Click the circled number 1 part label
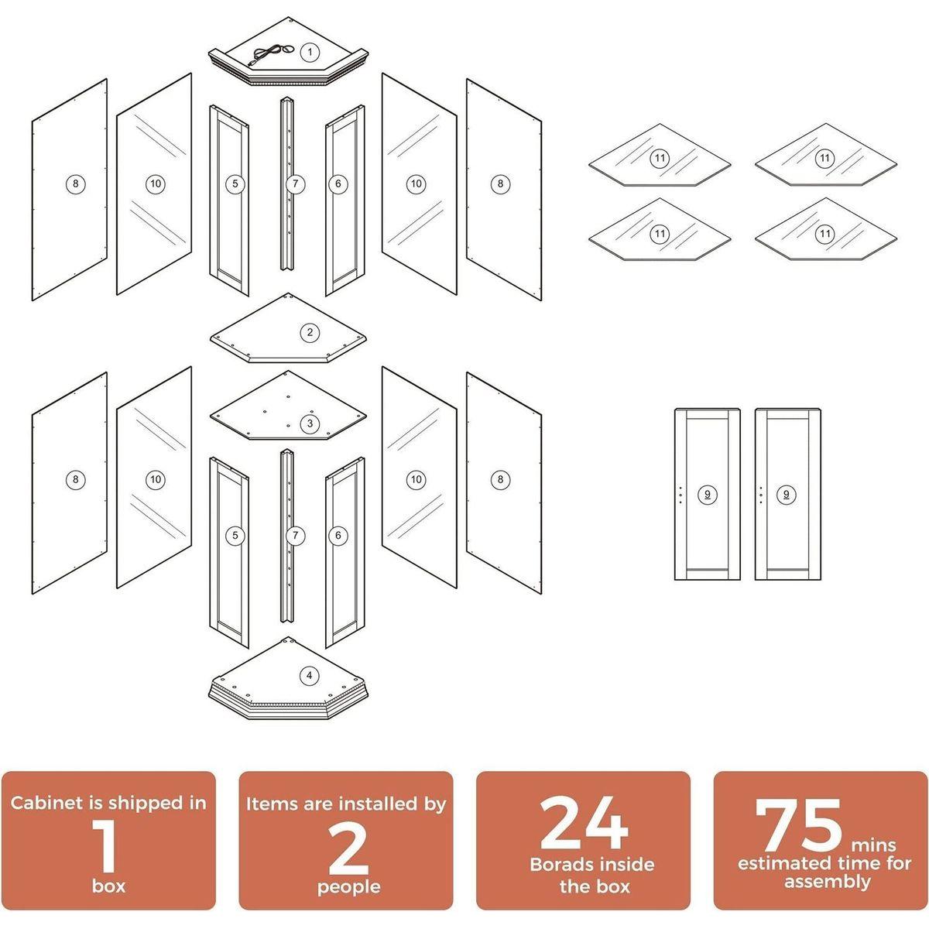[310, 52]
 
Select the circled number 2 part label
[310, 332]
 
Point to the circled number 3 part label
[310, 423]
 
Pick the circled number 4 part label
[309, 675]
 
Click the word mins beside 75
[873, 845]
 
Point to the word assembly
[828, 882]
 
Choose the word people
[348, 886]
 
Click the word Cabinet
[46, 803]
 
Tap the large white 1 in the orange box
[107, 847]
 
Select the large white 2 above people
[348, 847]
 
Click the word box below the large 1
[108, 886]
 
